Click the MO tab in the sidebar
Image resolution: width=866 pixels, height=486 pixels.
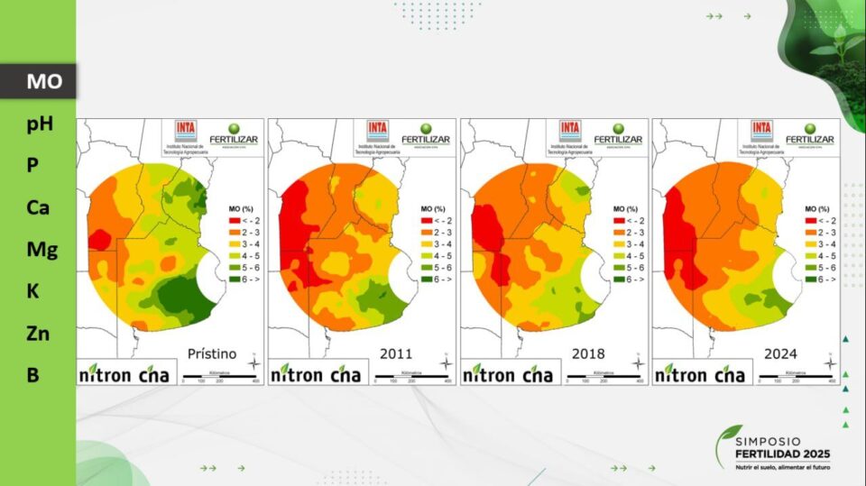point(43,81)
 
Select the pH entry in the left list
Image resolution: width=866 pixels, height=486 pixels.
point(40,124)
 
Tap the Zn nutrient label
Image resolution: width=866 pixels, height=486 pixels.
point(38,334)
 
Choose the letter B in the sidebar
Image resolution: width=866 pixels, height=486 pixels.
point(33,375)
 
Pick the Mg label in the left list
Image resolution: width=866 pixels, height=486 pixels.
point(41,249)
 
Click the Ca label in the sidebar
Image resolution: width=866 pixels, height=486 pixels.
point(38,207)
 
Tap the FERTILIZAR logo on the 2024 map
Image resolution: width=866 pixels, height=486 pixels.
point(809,135)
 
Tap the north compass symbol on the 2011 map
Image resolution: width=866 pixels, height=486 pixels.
point(446,362)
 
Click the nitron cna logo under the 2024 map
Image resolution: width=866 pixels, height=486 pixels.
point(700,374)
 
